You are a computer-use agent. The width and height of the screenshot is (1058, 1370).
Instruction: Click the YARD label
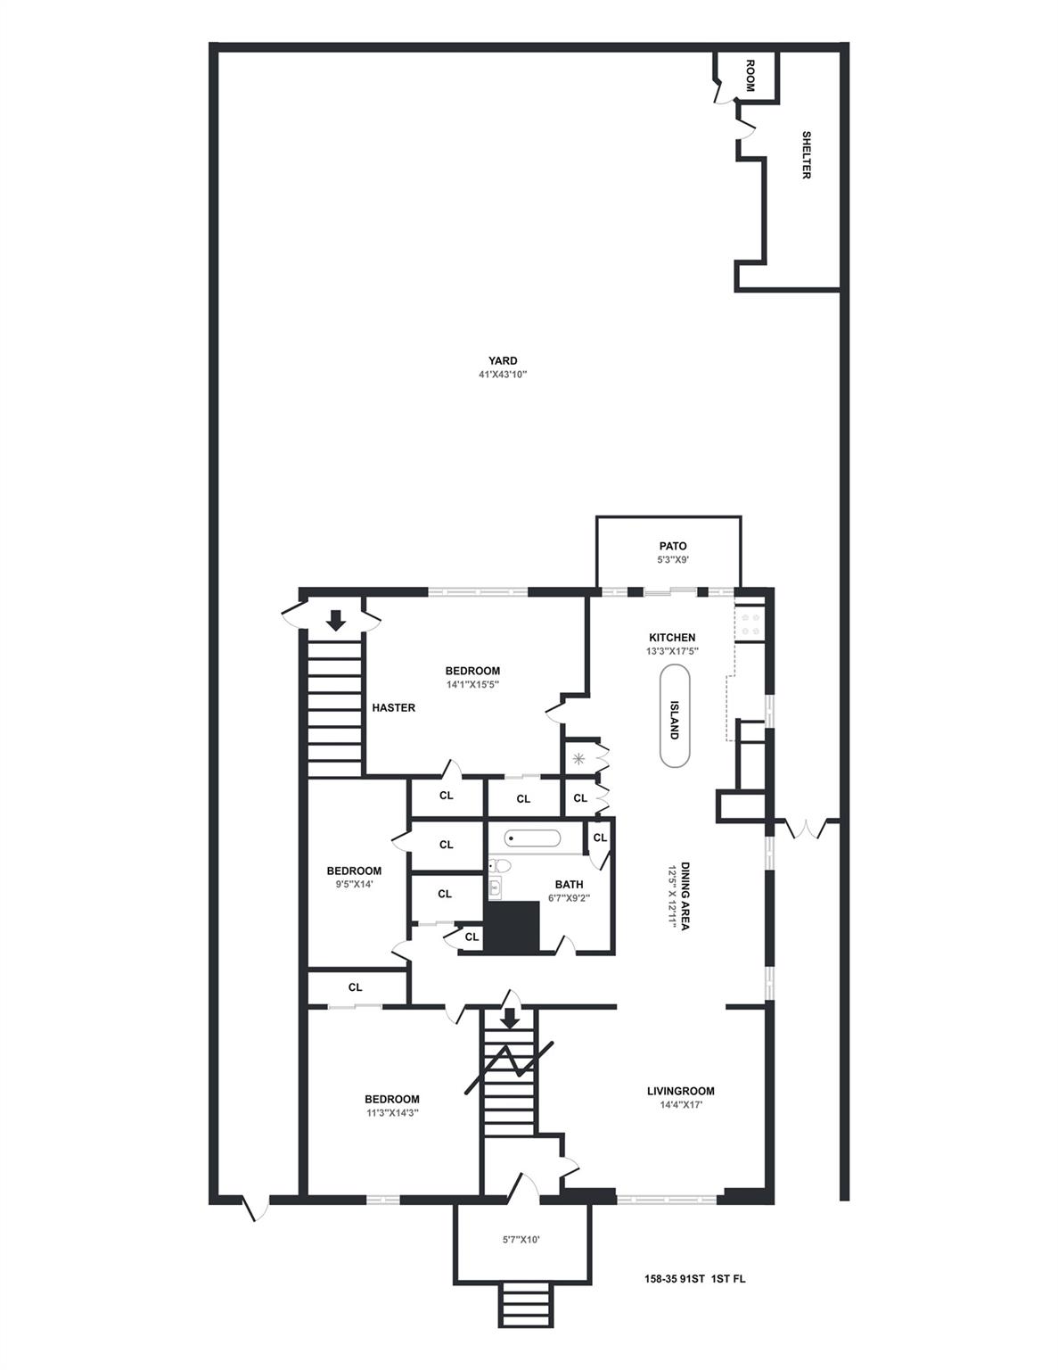click(503, 361)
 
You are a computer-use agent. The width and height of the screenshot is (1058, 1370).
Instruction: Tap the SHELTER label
click(806, 155)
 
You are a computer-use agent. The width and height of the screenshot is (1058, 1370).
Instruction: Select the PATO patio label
click(673, 546)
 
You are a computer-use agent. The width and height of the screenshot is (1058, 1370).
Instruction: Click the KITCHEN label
click(672, 638)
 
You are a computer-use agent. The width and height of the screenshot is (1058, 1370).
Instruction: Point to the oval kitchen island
click(674, 717)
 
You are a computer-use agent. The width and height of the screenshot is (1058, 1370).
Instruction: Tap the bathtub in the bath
click(532, 838)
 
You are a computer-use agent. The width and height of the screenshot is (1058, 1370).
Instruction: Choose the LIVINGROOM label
click(680, 1091)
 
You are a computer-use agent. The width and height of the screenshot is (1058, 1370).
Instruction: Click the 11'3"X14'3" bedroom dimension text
click(392, 1113)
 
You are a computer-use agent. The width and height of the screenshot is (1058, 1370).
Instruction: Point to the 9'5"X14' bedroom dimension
click(354, 885)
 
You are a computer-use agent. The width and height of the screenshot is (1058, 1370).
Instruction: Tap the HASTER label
click(394, 708)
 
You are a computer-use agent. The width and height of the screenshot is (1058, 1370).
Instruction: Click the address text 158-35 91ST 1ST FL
click(695, 1279)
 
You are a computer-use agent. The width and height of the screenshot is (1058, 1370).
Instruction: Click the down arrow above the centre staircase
click(510, 1018)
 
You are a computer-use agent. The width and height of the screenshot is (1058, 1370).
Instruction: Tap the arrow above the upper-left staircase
click(336, 620)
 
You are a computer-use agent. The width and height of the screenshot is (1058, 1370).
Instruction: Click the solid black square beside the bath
click(513, 928)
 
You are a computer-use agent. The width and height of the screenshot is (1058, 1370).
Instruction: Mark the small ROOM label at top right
click(750, 76)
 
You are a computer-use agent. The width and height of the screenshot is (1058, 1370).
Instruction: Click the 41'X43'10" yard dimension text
click(503, 375)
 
